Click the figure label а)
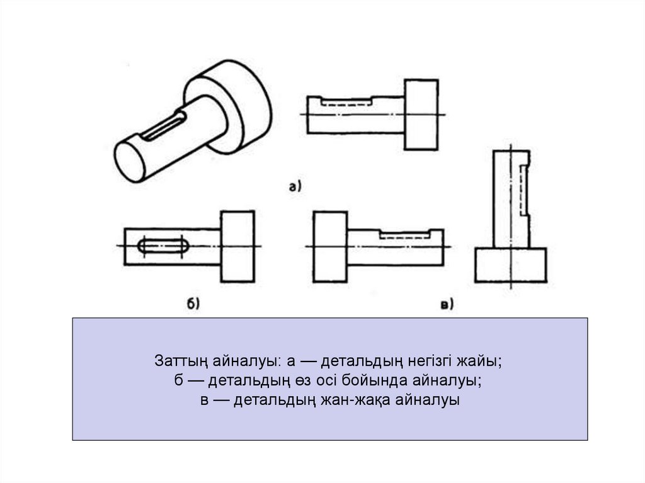(x=295, y=187)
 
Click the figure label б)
(x=193, y=304)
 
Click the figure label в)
(x=447, y=304)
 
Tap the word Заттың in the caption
(x=181, y=361)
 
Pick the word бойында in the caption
(x=374, y=381)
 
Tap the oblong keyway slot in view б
(x=164, y=246)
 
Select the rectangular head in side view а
(x=421, y=115)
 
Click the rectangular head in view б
(x=237, y=246)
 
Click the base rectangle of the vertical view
(x=510, y=264)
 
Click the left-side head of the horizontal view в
(x=330, y=246)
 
